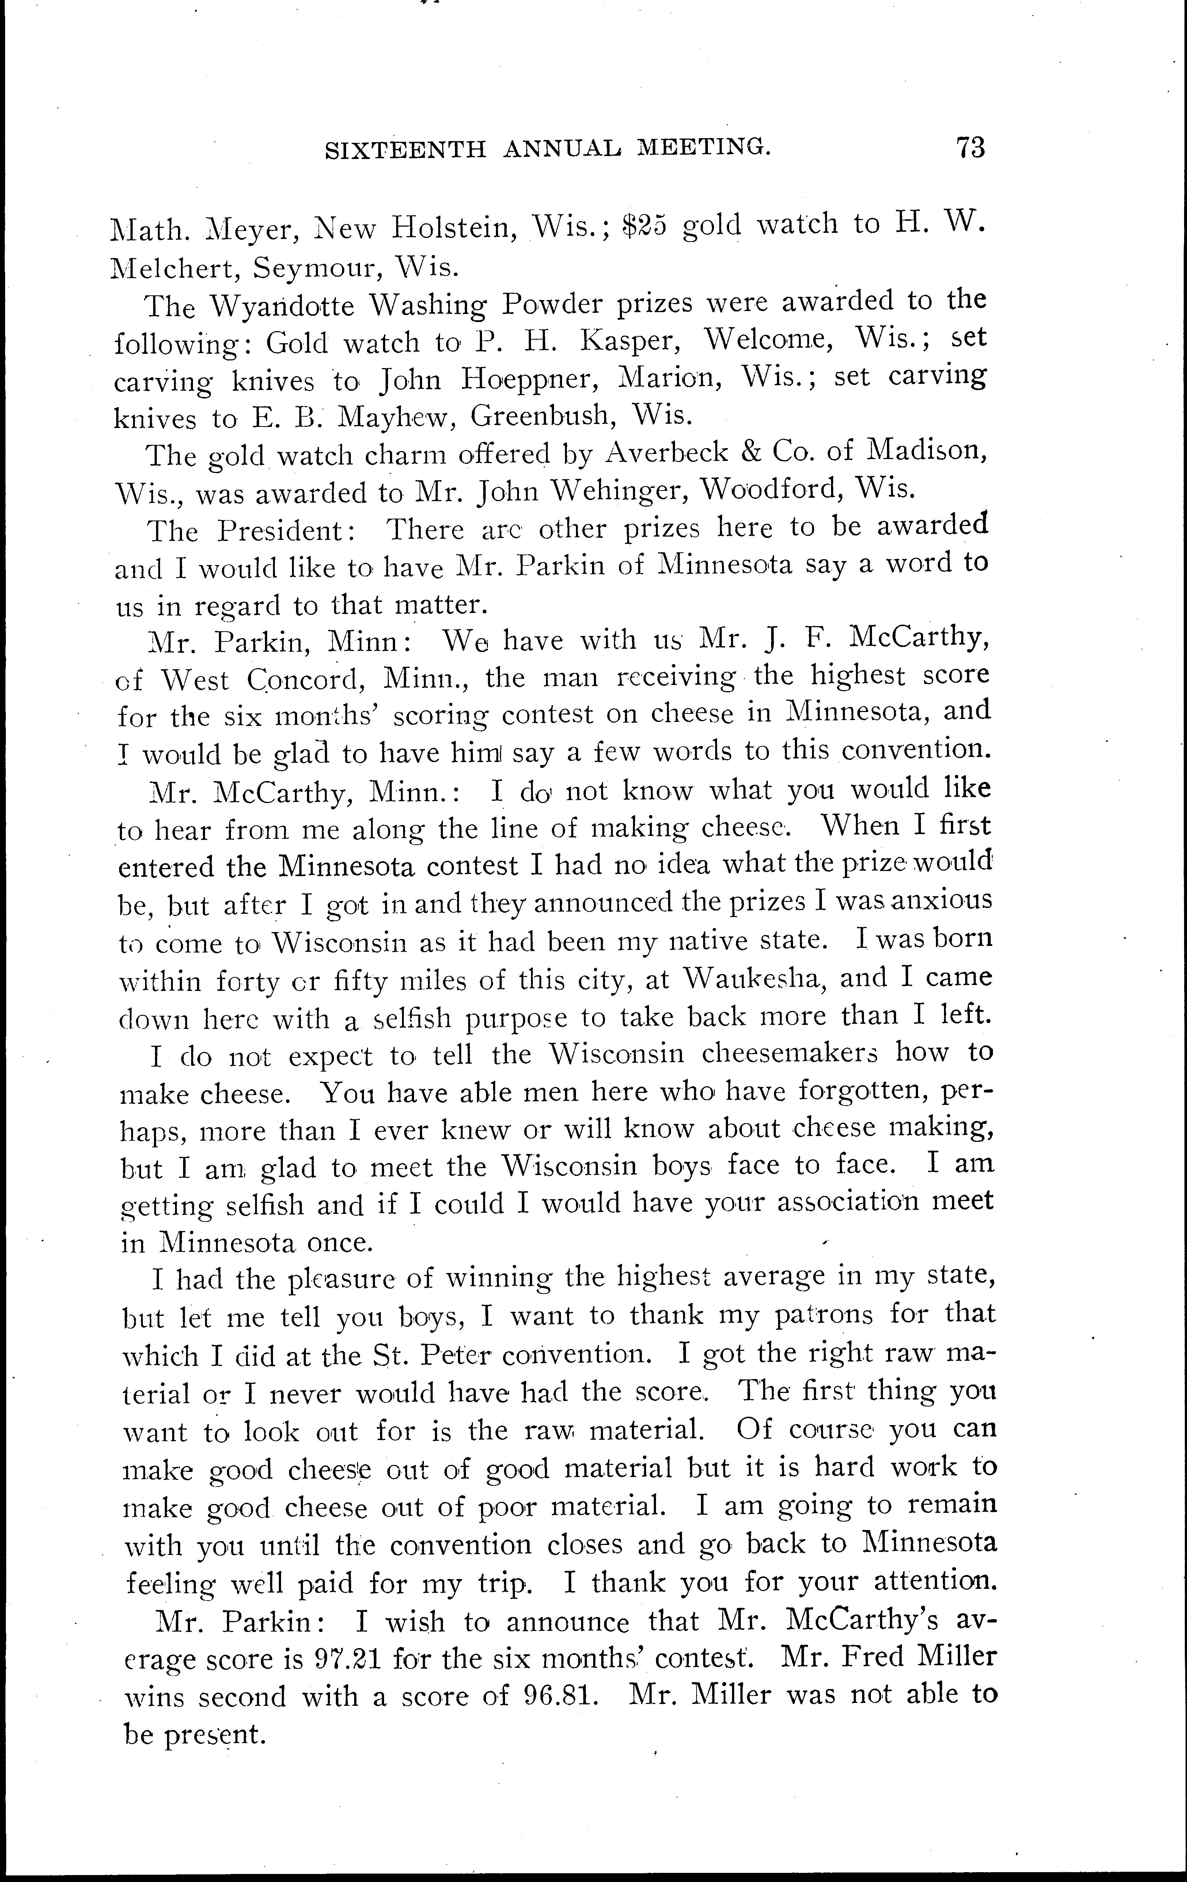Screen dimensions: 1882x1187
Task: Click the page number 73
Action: point(970,148)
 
